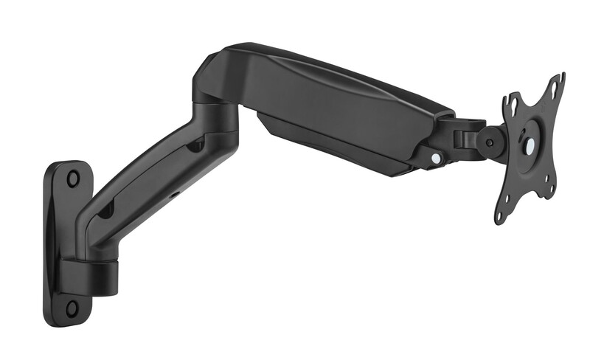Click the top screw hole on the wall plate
(x=72, y=178)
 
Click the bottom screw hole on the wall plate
(x=72, y=307)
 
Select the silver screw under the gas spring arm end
(x=436, y=158)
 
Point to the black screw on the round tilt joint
(x=488, y=142)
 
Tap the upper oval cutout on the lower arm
(x=195, y=145)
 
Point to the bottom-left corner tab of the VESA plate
(x=501, y=215)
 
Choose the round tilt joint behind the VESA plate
(x=490, y=142)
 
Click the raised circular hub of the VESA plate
(x=528, y=145)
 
